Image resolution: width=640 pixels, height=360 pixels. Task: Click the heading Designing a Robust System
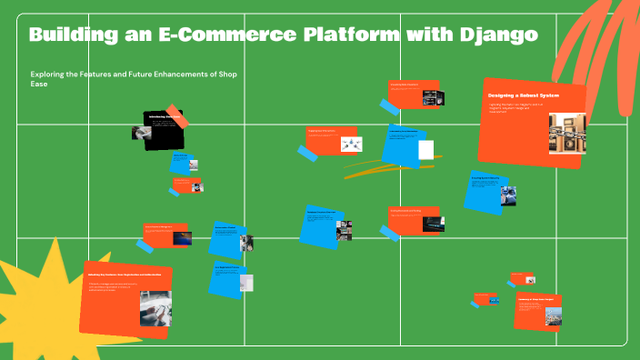[523, 95]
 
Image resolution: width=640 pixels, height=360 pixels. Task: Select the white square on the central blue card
[426, 149]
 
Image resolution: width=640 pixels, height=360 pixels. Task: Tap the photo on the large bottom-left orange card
[155, 307]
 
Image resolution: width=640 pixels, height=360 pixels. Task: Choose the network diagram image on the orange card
[352, 144]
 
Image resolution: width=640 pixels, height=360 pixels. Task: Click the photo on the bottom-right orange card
[553, 317]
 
